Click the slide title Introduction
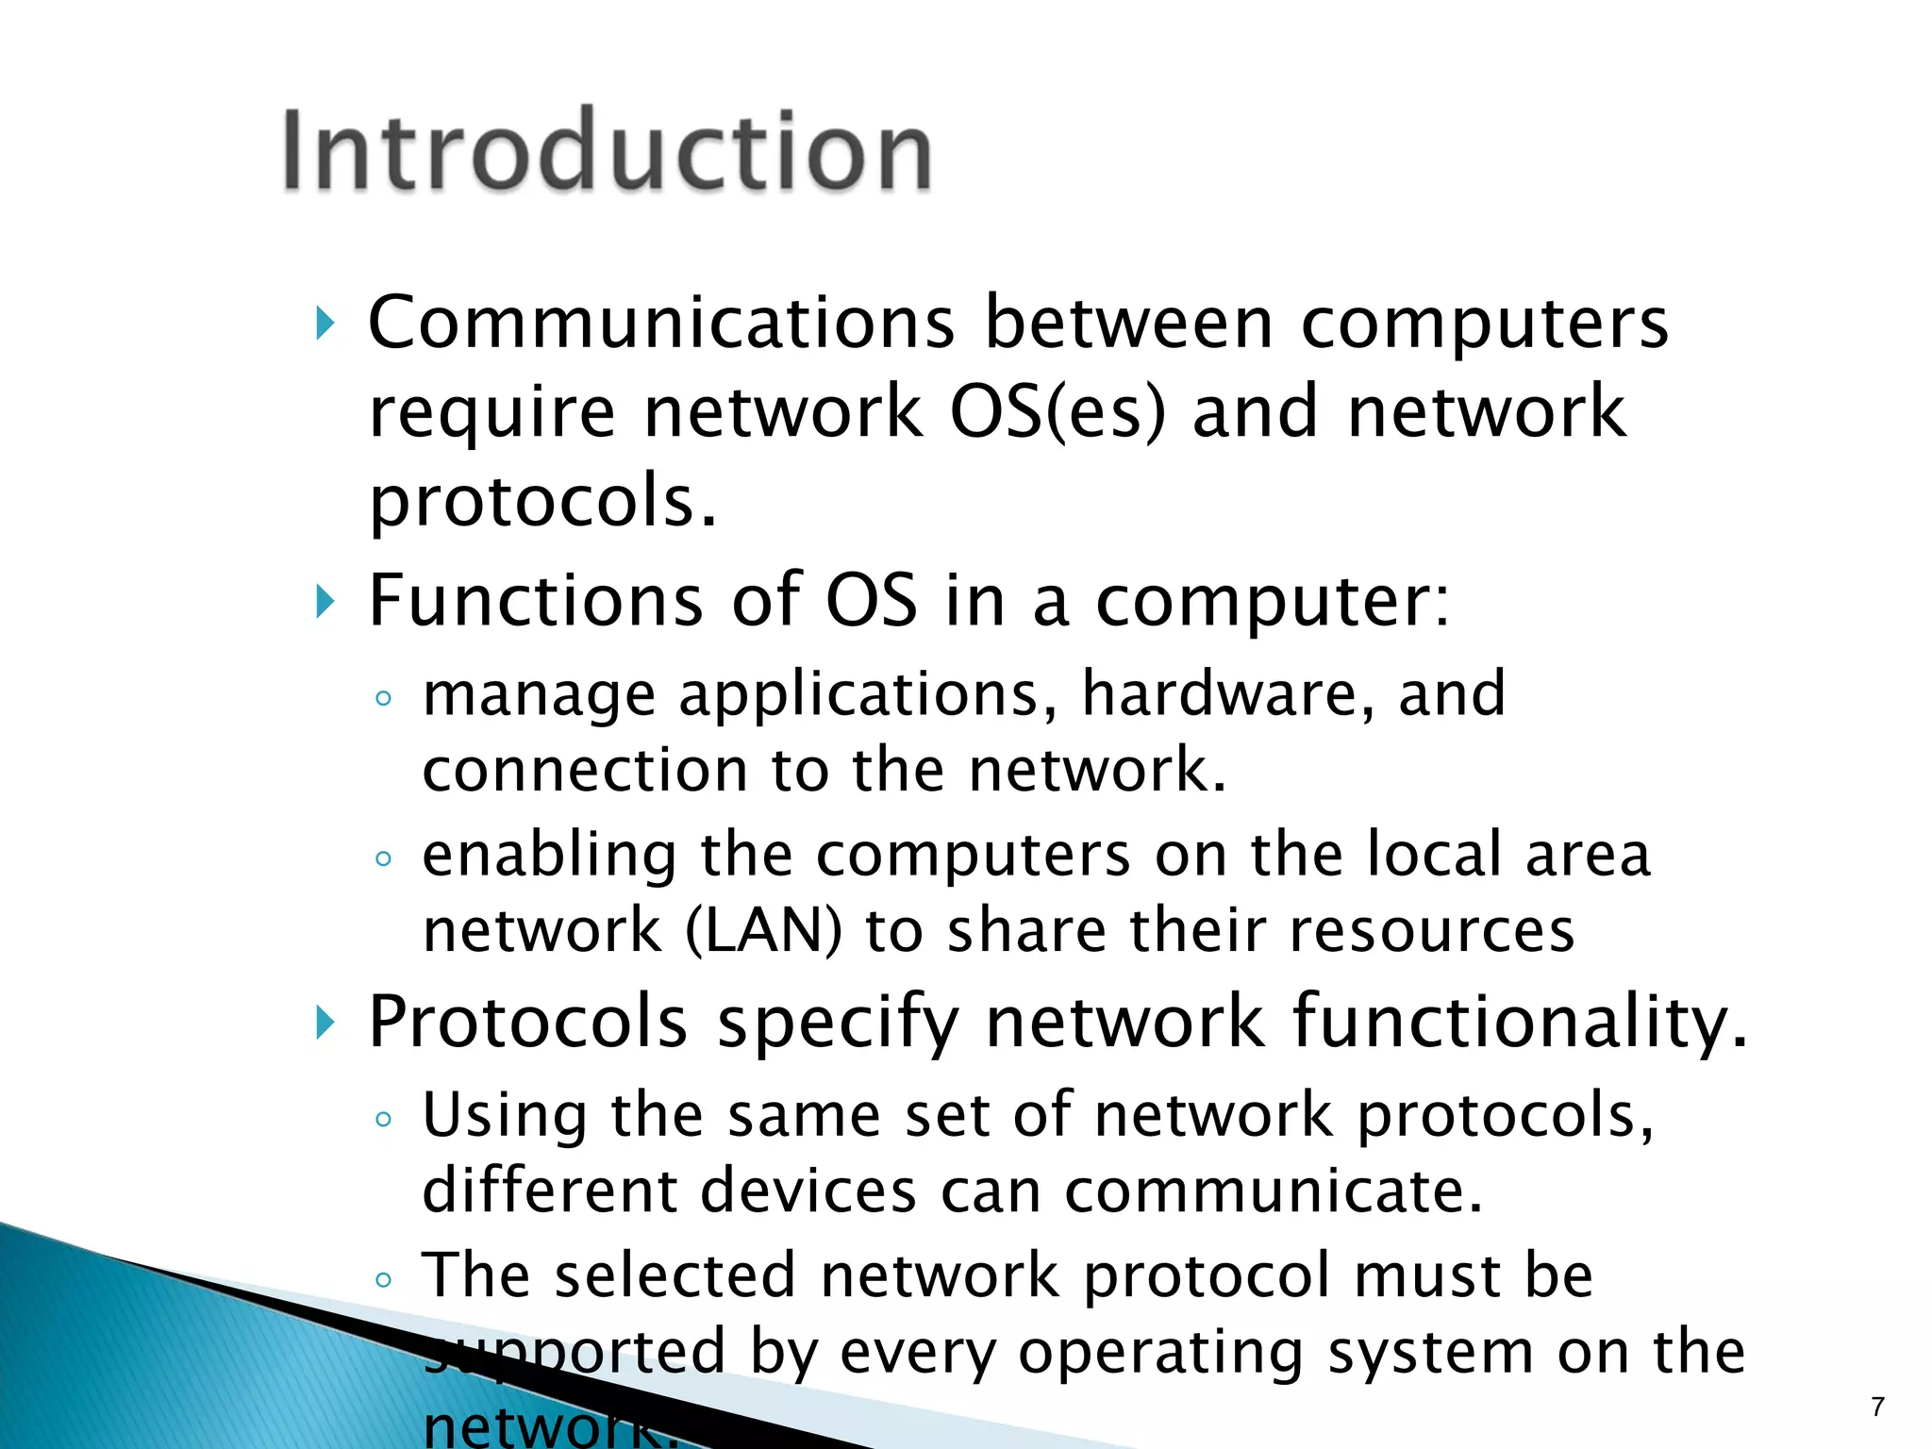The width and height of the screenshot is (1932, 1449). coord(607,151)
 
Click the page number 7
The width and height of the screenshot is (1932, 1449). coord(1877,1407)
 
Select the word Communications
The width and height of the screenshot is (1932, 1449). coord(661,323)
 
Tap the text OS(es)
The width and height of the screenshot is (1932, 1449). coord(1058,412)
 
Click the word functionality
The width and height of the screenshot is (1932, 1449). coord(1520,1023)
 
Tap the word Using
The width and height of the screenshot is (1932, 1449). coord(504,1116)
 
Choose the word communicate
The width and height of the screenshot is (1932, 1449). coord(1274,1191)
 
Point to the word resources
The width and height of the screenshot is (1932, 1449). coord(1431,930)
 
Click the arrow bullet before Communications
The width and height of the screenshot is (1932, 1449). coord(325,325)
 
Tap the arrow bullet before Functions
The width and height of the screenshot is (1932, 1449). coord(325,602)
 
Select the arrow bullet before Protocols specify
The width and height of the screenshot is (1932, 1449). coord(325,1024)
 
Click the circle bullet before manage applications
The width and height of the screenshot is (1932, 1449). coord(382,699)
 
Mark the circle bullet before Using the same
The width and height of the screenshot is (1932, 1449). coord(382,1120)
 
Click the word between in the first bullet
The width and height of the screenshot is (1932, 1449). coord(1128,323)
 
